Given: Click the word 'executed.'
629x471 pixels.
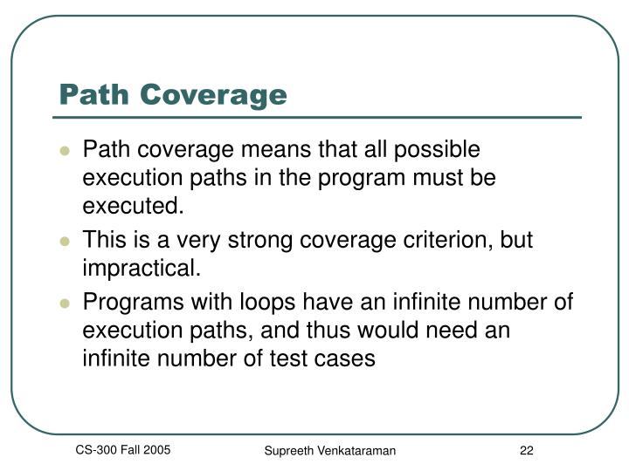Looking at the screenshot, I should (x=134, y=206).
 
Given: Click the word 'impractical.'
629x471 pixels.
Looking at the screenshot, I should (x=142, y=269).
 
